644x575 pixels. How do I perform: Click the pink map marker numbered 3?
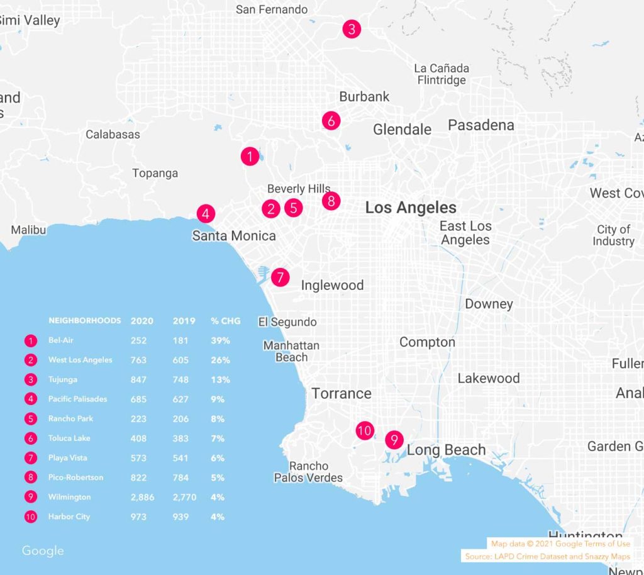(352, 29)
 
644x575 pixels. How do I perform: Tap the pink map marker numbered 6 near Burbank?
(331, 120)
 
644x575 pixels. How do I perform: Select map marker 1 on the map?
(250, 156)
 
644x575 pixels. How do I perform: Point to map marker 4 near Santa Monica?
(206, 213)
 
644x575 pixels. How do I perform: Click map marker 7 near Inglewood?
(280, 277)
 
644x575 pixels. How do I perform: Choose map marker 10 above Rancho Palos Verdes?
(364, 431)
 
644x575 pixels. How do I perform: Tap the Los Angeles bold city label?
(411, 208)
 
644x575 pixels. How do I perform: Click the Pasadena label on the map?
(480, 125)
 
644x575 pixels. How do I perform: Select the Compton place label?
(427, 342)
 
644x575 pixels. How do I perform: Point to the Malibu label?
(28, 230)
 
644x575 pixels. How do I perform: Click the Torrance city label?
(341, 394)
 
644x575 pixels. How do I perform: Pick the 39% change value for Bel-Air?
(220, 340)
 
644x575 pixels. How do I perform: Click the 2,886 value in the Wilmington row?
(138, 497)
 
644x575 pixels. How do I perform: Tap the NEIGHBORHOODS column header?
(84, 321)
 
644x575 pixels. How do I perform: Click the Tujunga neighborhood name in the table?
(64, 379)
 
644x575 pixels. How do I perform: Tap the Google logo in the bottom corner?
(43, 551)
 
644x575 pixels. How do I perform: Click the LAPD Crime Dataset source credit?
(547, 557)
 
